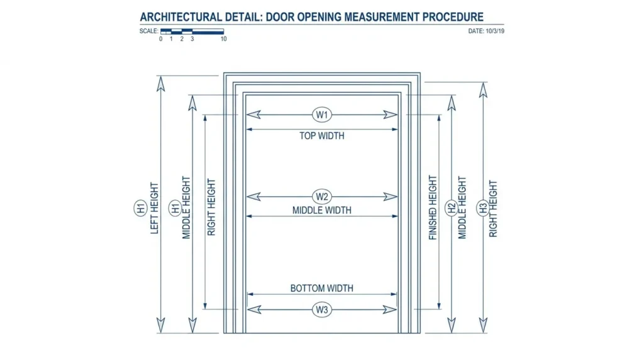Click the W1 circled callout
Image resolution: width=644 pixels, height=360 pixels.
click(321, 115)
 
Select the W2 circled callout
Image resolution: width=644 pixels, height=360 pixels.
click(321, 197)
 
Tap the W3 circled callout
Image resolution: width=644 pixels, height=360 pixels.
click(321, 310)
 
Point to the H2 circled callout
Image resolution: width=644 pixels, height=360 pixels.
click(452, 208)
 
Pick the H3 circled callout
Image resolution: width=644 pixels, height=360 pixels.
click(483, 208)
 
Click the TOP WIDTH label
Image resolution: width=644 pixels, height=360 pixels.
click(321, 136)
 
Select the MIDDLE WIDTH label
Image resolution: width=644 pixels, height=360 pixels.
click(321, 210)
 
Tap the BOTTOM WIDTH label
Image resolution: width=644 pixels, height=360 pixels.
click(321, 288)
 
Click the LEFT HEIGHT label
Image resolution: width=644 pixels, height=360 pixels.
click(155, 208)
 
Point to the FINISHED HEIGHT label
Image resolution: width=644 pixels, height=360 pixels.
click(433, 208)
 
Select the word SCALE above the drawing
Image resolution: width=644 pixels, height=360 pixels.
click(148, 31)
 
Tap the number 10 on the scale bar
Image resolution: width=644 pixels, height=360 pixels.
click(223, 39)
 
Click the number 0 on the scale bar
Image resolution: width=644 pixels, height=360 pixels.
click(160, 39)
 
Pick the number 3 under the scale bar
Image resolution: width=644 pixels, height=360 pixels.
click(192, 39)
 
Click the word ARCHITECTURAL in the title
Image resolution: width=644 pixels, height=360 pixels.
click(181, 17)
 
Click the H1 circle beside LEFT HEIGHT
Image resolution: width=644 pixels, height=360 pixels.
click(140, 208)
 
